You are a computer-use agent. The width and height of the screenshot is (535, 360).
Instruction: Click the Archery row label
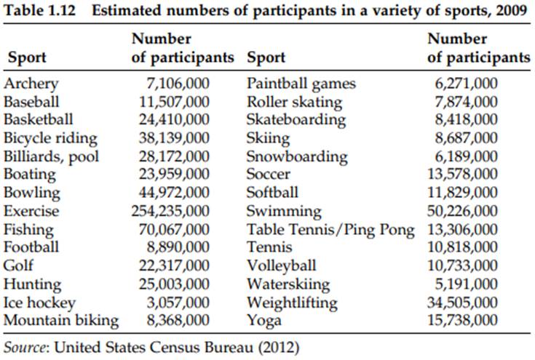point(31,84)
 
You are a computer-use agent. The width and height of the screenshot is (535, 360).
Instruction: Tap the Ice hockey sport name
point(39,303)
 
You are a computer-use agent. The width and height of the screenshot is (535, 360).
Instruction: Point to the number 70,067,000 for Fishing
point(175,230)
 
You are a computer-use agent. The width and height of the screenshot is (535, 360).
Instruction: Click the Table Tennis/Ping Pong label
point(330,230)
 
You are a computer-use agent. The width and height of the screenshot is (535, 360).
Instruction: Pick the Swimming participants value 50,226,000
point(466,212)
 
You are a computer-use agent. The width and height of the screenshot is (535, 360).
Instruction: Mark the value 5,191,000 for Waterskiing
point(469,284)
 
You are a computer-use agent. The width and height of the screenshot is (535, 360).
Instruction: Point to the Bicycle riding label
point(50,138)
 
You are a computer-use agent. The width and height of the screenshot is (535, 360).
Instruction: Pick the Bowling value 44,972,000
point(175,193)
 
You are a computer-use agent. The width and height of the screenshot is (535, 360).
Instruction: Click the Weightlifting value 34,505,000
point(466,303)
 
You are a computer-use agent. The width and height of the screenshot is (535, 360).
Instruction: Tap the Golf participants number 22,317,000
point(175,266)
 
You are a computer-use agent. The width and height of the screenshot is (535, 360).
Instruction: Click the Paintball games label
point(301,84)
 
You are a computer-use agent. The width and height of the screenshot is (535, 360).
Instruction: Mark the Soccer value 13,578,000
point(466,175)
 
